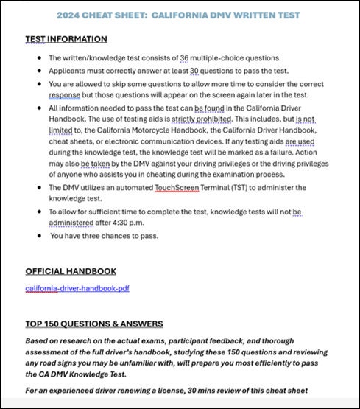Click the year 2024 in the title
[89, 15]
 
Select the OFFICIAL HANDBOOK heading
[71, 271]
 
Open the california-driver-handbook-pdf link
[77, 288]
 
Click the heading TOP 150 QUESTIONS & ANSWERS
[94, 324]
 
